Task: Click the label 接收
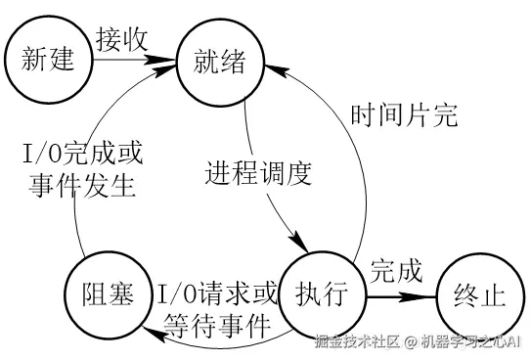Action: [122, 39]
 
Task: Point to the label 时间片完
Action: [404, 113]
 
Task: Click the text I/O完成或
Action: [82, 155]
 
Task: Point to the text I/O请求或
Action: [217, 292]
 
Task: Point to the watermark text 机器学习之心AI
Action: [473, 341]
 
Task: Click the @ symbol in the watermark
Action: [412, 342]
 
